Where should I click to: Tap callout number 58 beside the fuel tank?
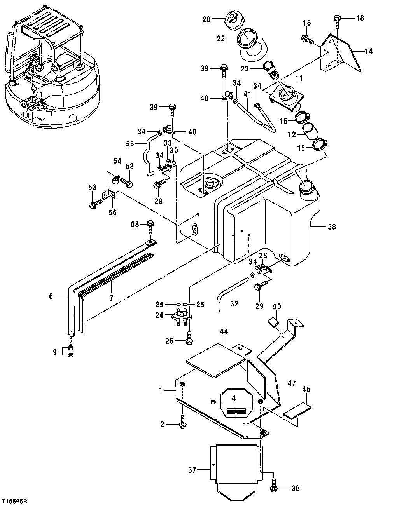[x=331, y=226]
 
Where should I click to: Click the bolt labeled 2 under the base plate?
[x=182, y=424]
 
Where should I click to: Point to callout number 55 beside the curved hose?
[x=130, y=143]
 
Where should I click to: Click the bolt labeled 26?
[x=189, y=339]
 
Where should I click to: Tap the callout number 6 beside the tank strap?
[x=51, y=296]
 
